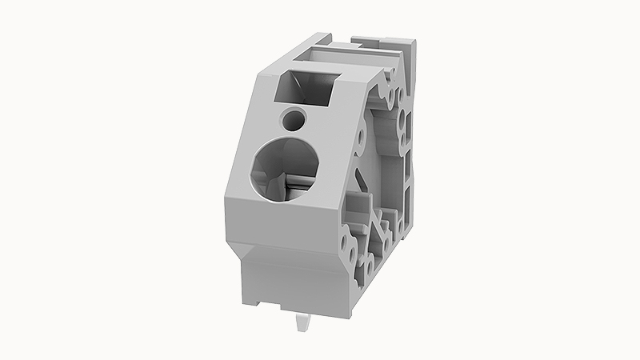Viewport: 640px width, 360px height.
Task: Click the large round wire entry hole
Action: tap(286, 168)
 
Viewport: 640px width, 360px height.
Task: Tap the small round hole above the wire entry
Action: tap(294, 119)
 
